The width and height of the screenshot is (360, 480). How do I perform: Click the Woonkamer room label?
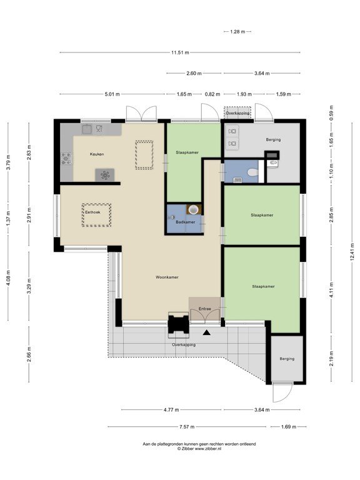click(x=167, y=277)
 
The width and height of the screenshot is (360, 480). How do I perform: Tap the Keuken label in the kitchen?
click(x=97, y=154)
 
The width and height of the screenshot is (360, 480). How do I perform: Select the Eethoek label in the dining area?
click(x=92, y=212)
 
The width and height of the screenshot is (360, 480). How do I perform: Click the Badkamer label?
click(x=185, y=222)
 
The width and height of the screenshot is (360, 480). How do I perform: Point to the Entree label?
click(x=204, y=309)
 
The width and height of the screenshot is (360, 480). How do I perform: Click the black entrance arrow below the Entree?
click(x=207, y=332)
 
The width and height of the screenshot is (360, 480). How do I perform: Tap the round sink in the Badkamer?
click(x=194, y=209)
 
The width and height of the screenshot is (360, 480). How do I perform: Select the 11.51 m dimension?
click(x=180, y=52)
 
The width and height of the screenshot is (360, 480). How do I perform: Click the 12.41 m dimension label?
click(x=352, y=252)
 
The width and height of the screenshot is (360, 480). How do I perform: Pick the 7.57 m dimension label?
click(x=187, y=426)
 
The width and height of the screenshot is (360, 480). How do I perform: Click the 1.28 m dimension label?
click(x=237, y=31)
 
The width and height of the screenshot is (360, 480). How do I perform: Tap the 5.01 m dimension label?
click(x=112, y=94)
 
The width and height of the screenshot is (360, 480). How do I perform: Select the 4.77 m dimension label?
click(x=171, y=409)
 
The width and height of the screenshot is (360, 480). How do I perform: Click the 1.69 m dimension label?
click(x=288, y=426)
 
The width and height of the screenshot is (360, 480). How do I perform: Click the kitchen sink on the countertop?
click(x=87, y=129)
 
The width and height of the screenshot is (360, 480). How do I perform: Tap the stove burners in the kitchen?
click(x=66, y=159)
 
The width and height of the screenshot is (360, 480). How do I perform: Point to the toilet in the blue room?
click(x=253, y=172)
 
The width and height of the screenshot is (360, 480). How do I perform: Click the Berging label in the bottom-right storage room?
click(x=287, y=359)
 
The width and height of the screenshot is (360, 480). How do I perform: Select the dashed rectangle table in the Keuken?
click(x=144, y=155)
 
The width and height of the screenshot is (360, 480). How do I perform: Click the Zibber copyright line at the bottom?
click(x=199, y=449)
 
